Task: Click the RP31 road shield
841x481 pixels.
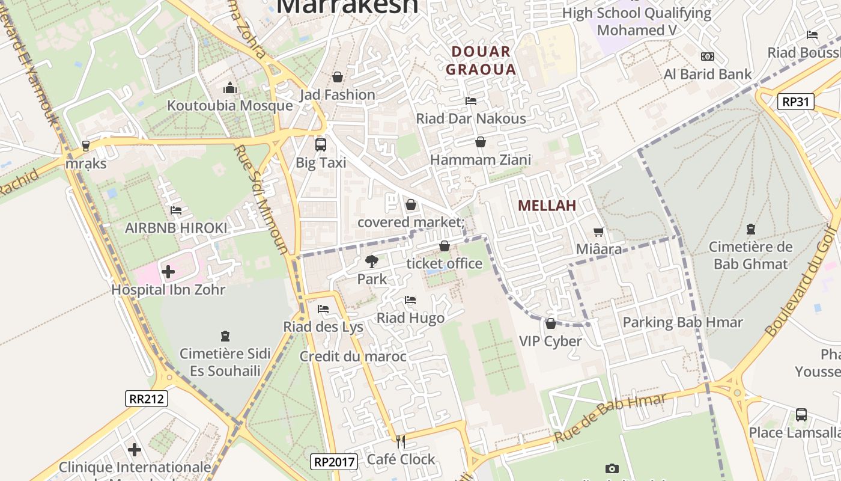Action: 796,102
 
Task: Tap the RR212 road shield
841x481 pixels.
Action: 147,398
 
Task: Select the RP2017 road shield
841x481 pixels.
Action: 335,462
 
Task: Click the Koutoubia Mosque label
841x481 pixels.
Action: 229,106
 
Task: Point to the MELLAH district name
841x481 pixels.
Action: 547,206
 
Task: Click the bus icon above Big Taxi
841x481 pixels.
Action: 321,144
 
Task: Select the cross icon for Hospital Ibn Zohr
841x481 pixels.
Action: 168,272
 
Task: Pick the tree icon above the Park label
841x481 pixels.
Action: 372,262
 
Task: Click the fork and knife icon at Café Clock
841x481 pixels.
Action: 401,442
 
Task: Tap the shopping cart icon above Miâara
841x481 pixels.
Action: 598,231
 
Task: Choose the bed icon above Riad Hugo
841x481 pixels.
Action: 410,299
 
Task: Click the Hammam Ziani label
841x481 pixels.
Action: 481,160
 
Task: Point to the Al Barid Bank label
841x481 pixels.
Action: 708,75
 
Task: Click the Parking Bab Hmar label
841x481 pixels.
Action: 682,322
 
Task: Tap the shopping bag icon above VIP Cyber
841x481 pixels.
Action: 550,323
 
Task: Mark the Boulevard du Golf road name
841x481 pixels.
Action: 802,281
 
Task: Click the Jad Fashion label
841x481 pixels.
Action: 337,95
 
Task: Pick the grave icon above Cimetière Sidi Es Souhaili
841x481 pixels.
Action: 225,335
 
